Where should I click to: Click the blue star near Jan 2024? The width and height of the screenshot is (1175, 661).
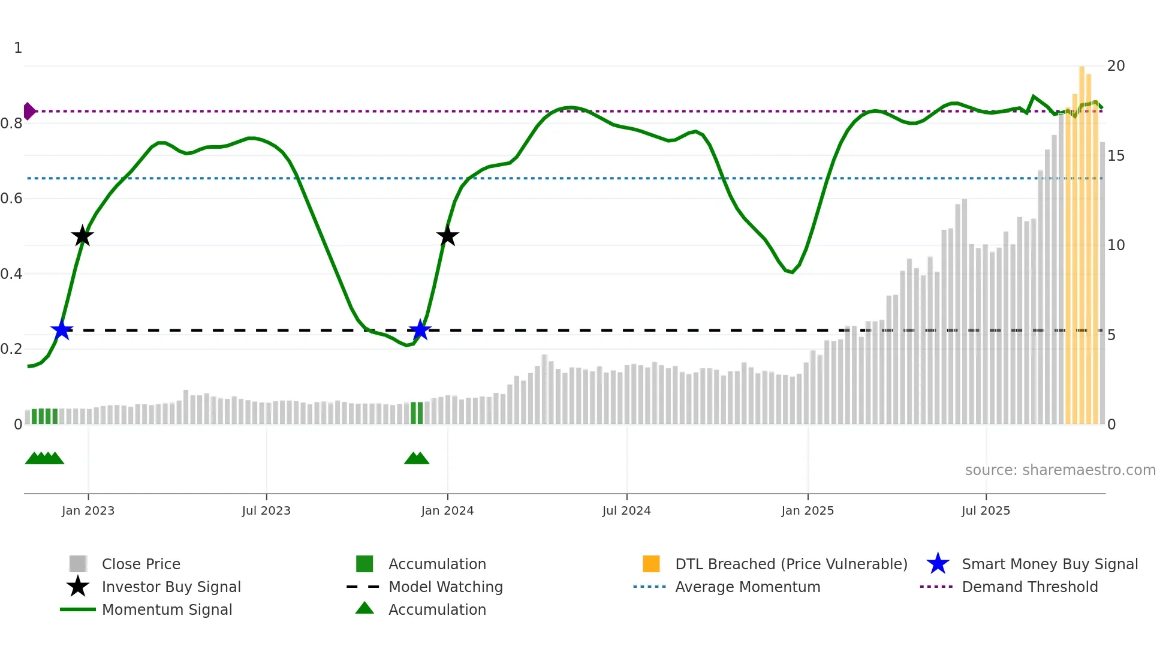420,330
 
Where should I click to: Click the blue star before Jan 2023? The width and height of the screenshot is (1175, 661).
62,330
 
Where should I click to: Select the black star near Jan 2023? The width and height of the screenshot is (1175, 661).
82,236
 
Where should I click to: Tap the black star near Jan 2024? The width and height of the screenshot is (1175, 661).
447,236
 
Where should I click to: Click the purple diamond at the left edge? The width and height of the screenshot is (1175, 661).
29,111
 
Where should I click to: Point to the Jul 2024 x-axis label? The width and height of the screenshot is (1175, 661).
626,510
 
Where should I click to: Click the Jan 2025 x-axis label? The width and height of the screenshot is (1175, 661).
808,510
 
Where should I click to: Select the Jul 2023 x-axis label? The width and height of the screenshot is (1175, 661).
266,510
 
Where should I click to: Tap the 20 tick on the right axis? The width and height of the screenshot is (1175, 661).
1116,66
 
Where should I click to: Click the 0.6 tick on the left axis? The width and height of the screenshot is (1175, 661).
12,199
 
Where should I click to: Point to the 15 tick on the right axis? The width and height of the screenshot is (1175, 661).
1116,156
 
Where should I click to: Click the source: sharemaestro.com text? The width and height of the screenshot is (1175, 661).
1060,470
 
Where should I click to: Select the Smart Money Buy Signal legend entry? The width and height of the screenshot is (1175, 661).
1049,564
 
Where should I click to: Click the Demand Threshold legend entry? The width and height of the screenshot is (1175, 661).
1029,587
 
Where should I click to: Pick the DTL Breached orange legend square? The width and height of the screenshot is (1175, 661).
651,564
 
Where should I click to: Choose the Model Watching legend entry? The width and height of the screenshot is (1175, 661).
445,587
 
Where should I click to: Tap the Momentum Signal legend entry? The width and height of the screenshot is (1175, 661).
167,609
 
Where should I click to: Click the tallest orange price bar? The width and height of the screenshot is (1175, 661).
1082,240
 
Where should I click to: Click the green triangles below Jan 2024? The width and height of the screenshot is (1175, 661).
417,458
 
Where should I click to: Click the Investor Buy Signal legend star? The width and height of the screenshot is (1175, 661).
78,587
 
